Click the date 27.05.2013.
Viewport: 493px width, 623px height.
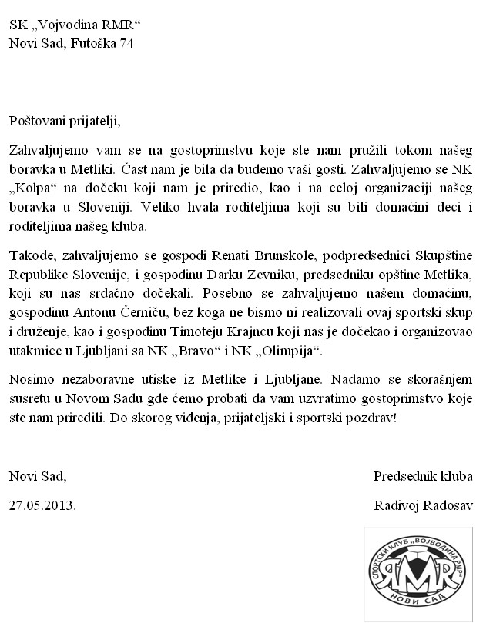click(43, 506)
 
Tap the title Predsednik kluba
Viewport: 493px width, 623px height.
click(423, 476)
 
